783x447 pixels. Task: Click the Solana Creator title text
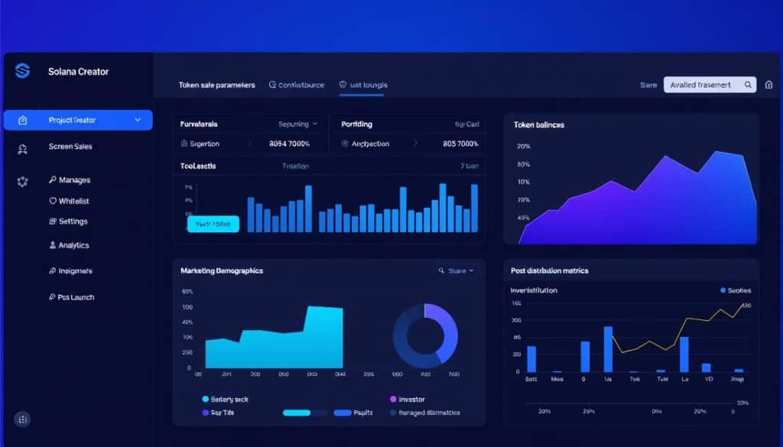[79, 72]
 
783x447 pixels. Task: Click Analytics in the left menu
[73, 245]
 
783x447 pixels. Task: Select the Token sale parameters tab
[216, 86]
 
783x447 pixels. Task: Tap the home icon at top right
[770, 86]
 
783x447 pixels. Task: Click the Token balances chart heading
[539, 124]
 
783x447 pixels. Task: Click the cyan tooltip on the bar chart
[213, 224]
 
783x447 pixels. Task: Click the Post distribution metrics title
[549, 270]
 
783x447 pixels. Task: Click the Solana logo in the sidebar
[22, 71]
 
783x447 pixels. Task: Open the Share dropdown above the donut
[456, 270]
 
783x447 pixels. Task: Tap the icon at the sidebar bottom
[22, 419]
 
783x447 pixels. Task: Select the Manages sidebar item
[74, 180]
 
